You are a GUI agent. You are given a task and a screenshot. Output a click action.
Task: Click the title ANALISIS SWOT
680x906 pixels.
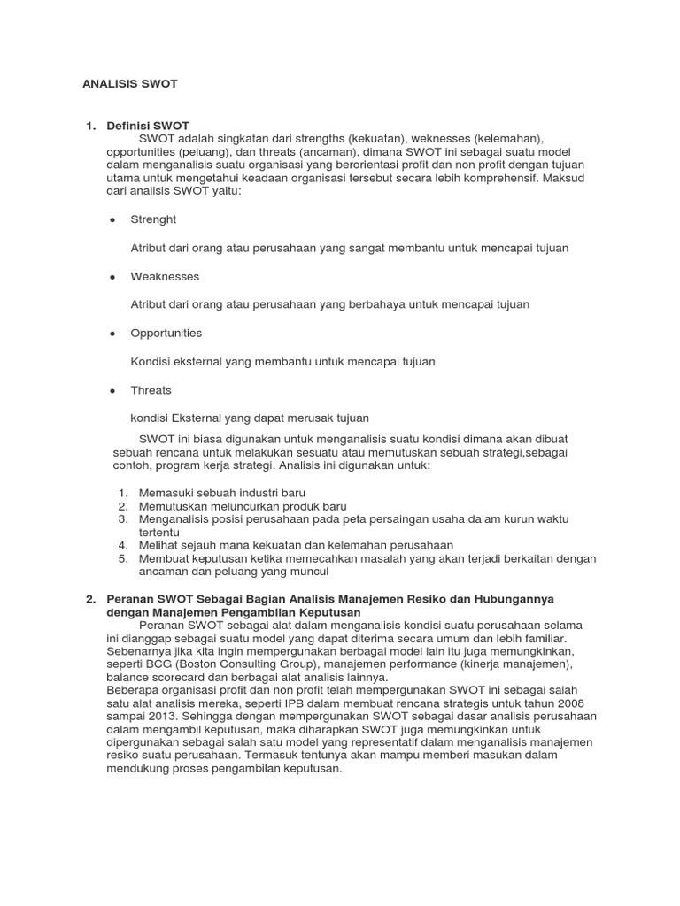coord(130,84)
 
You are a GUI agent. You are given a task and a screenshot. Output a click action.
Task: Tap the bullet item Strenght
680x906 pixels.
coord(153,219)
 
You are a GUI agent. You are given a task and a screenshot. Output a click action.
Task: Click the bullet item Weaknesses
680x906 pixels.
coord(165,276)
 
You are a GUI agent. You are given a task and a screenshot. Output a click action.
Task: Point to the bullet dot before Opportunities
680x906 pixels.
coord(113,334)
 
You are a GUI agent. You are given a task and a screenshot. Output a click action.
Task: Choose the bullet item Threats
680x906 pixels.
coord(151,390)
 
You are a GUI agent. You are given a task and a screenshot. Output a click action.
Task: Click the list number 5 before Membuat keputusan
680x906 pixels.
coord(122,559)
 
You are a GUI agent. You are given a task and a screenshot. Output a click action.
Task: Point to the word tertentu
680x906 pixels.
coord(159,533)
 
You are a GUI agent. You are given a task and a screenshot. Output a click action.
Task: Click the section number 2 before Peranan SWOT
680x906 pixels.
coord(90,600)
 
